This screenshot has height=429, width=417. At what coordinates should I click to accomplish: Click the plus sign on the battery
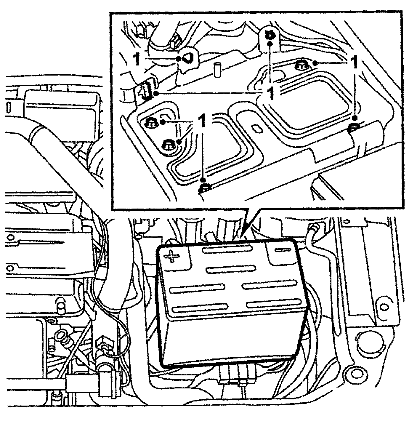coord(172,257)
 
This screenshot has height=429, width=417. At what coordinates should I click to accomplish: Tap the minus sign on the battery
coord(282,250)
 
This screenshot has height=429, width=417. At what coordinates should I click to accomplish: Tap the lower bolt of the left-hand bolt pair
coord(168,145)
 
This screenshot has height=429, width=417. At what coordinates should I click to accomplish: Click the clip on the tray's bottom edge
coord(205,188)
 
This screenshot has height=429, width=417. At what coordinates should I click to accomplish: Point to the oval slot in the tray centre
coord(256,128)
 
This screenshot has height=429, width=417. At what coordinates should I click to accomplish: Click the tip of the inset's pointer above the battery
coord(242,237)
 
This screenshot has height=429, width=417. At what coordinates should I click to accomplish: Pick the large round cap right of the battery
coord(370,345)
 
